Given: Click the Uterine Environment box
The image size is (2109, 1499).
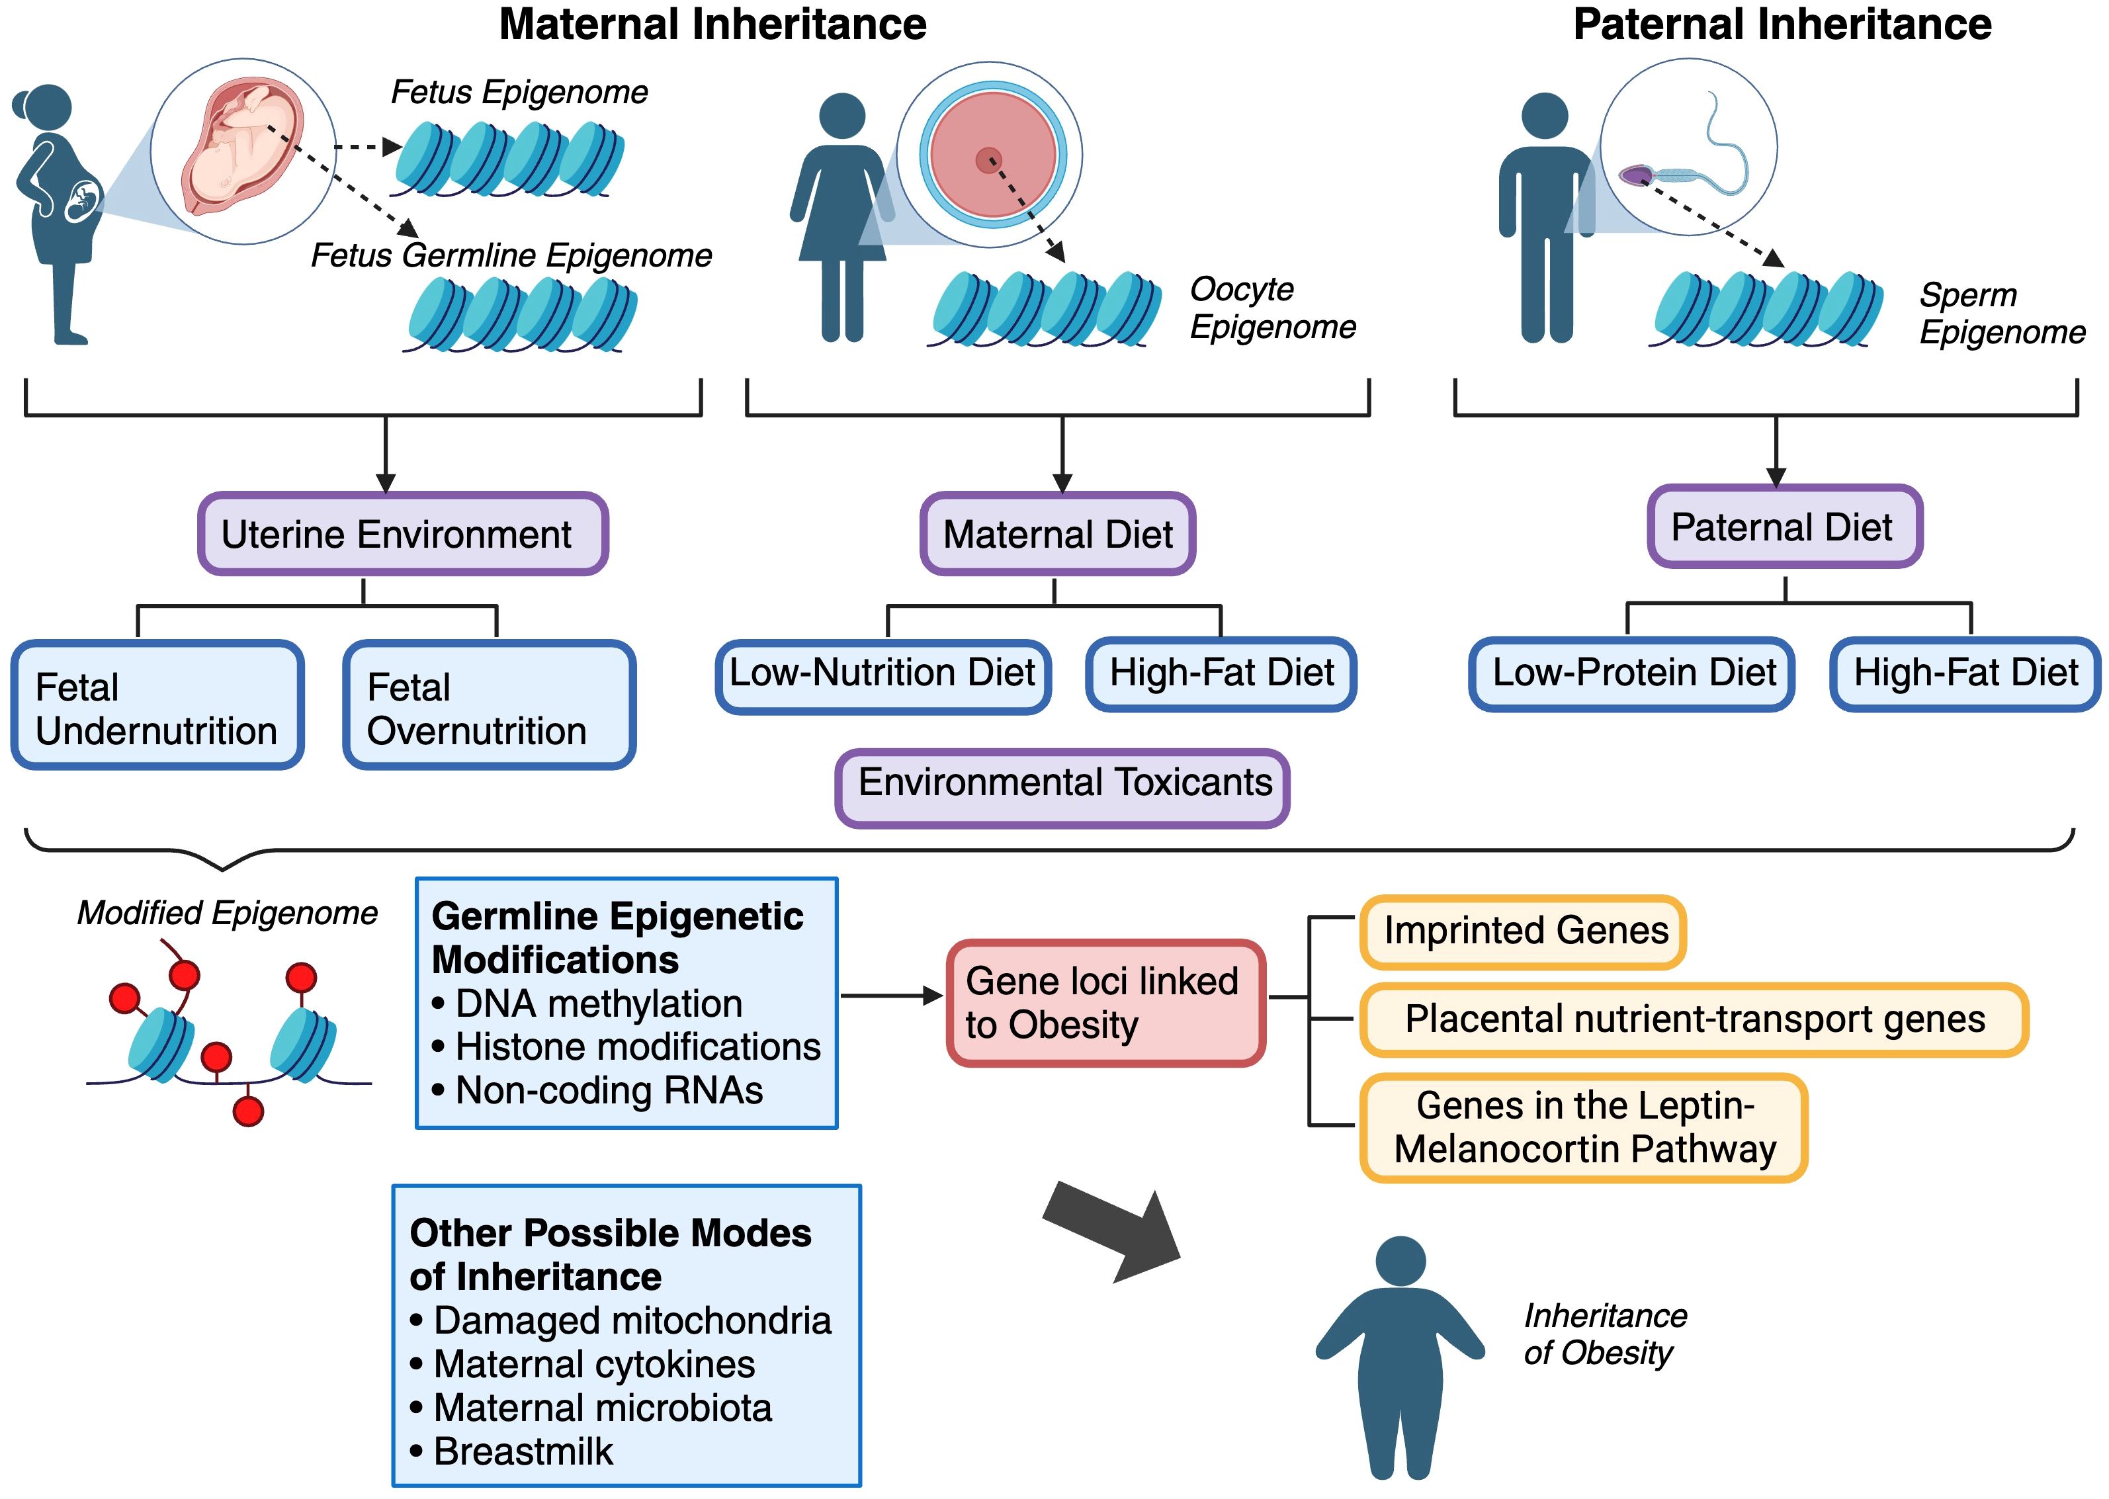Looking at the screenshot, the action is [x=402, y=533].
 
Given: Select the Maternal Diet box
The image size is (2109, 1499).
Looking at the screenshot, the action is [x=1058, y=533].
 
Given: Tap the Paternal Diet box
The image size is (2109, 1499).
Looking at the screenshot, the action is [x=1785, y=526].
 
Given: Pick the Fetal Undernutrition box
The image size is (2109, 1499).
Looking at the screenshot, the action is [x=157, y=705].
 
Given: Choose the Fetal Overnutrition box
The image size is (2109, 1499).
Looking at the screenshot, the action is [x=489, y=705].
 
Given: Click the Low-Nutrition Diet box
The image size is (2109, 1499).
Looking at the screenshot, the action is [x=883, y=675].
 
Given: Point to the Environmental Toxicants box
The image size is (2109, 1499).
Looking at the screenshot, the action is [x=1062, y=787].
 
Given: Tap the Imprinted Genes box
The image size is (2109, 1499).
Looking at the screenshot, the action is [x=1524, y=932].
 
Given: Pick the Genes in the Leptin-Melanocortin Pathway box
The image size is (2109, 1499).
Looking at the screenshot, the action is [x=1584, y=1127].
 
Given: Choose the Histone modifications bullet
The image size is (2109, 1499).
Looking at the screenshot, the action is [x=626, y=1047].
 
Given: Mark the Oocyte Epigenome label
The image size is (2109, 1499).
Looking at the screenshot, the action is [x=1273, y=308].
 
